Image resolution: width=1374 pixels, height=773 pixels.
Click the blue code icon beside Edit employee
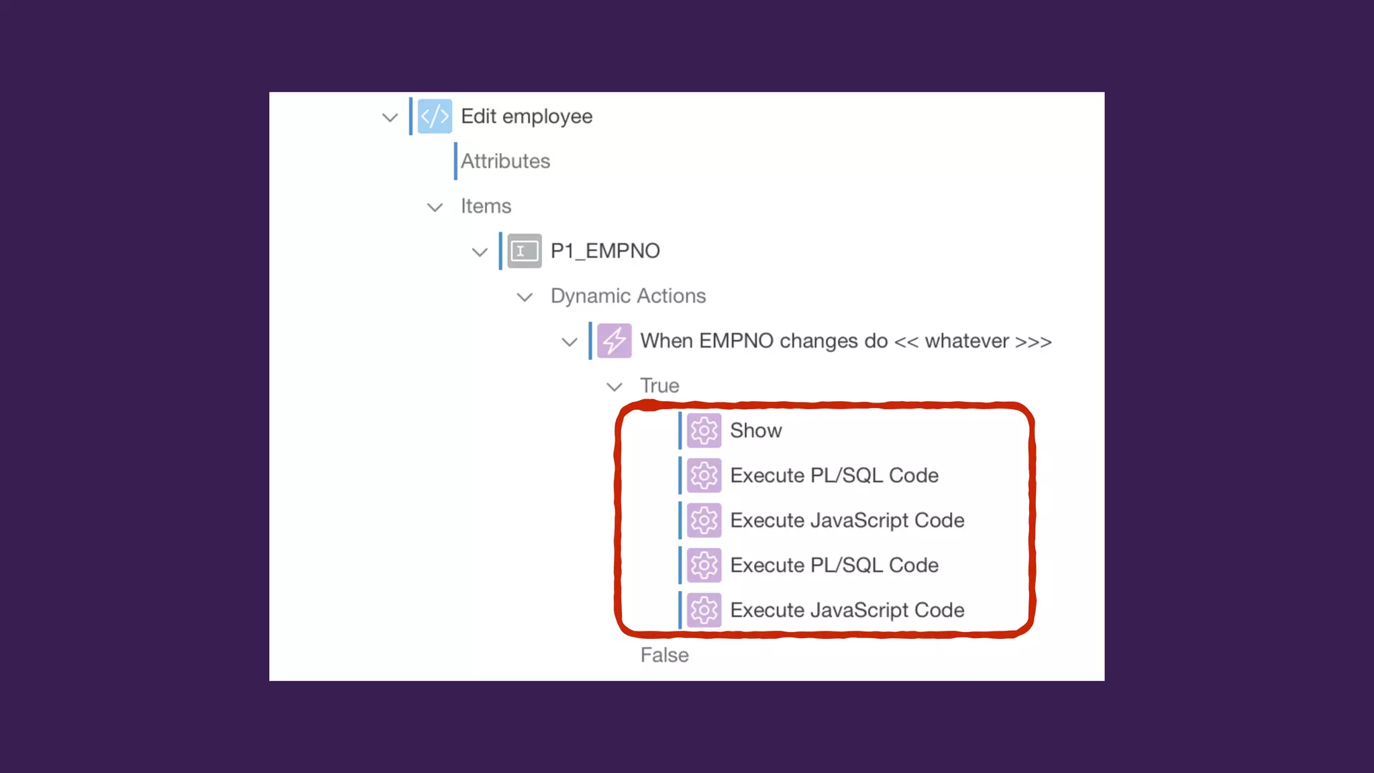click(x=434, y=117)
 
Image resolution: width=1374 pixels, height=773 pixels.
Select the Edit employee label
click(x=526, y=117)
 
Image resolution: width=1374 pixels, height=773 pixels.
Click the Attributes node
click(x=505, y=162)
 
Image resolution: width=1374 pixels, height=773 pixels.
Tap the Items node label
click(x=486, y=207)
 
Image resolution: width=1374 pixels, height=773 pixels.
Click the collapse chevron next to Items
click(x=435, y=207)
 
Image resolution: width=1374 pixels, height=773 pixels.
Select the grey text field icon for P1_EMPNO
click(x=524, y=252)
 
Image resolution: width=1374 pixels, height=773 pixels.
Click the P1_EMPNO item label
click(x=605, y=252)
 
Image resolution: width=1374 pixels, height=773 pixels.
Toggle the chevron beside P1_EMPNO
click(x=479, y=252)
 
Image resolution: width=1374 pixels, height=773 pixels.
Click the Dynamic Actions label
click(x=628, y=296)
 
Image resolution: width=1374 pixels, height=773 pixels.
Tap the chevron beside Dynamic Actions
click(x=525, y=297)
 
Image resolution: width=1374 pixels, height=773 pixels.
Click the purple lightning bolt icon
click(x=614, y=341)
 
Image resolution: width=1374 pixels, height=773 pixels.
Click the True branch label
click(x=659, y=386)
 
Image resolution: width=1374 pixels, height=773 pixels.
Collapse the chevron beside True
click(x=614, y=387)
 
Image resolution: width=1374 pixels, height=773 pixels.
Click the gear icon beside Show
click(x=704, y=431)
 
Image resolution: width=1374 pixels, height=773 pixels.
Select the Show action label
click(x=755, y=431)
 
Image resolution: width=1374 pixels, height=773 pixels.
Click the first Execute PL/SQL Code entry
click(x=834, y=476)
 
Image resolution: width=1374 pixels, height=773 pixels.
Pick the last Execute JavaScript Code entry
click(x=847, y=611)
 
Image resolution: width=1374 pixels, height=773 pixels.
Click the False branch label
click(x=664, y=656)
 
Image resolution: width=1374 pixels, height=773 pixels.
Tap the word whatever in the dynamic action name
click(x=967, y=342)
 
